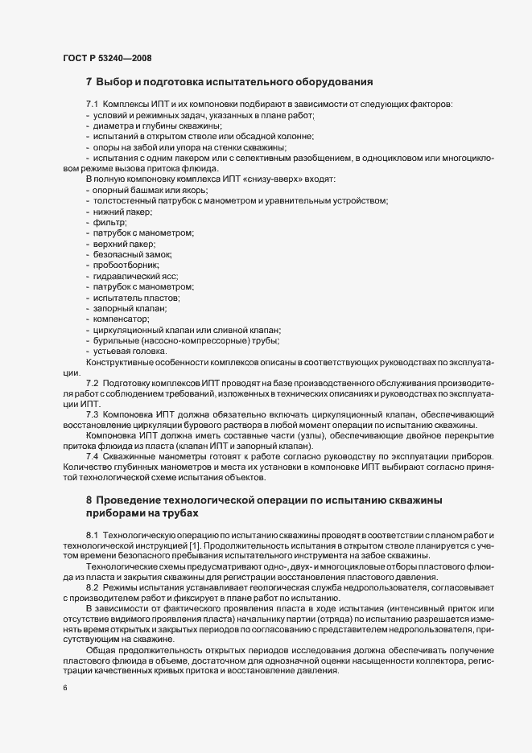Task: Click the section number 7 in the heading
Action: (89, 82)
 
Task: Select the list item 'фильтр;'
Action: (110, 221)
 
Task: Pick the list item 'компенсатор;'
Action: (122, 319)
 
